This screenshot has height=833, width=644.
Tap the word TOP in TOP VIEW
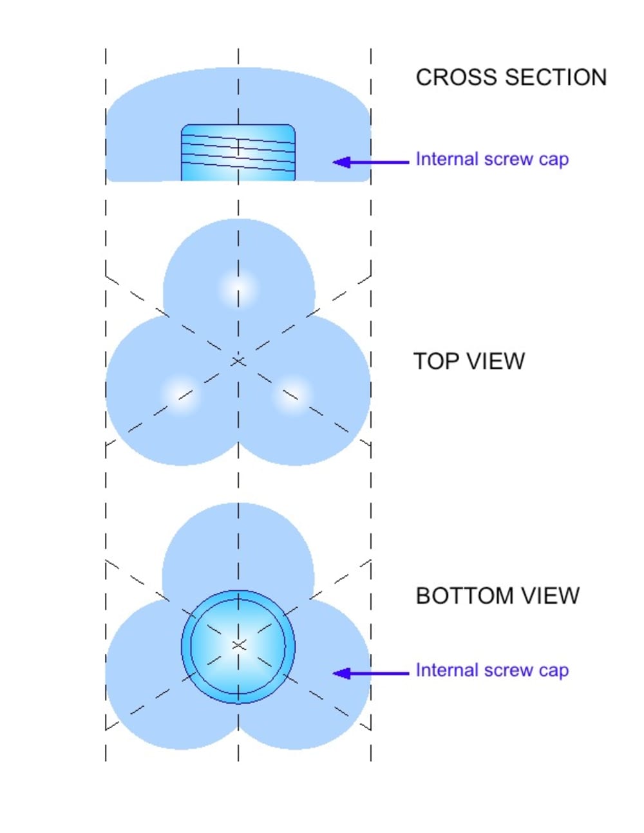coord(435,361)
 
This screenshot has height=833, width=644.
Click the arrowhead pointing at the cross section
coord(342,162)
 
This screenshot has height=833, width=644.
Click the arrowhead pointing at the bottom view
coord(342,673)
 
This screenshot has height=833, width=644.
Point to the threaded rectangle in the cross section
coord(238,153)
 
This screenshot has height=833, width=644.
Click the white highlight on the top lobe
coord(238,287)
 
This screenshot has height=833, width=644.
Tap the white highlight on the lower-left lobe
coord(180,393)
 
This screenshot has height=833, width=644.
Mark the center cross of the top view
coord(238,361)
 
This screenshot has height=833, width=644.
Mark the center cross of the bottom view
coord(238,644)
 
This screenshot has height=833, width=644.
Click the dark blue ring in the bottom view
coord(186,646)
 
